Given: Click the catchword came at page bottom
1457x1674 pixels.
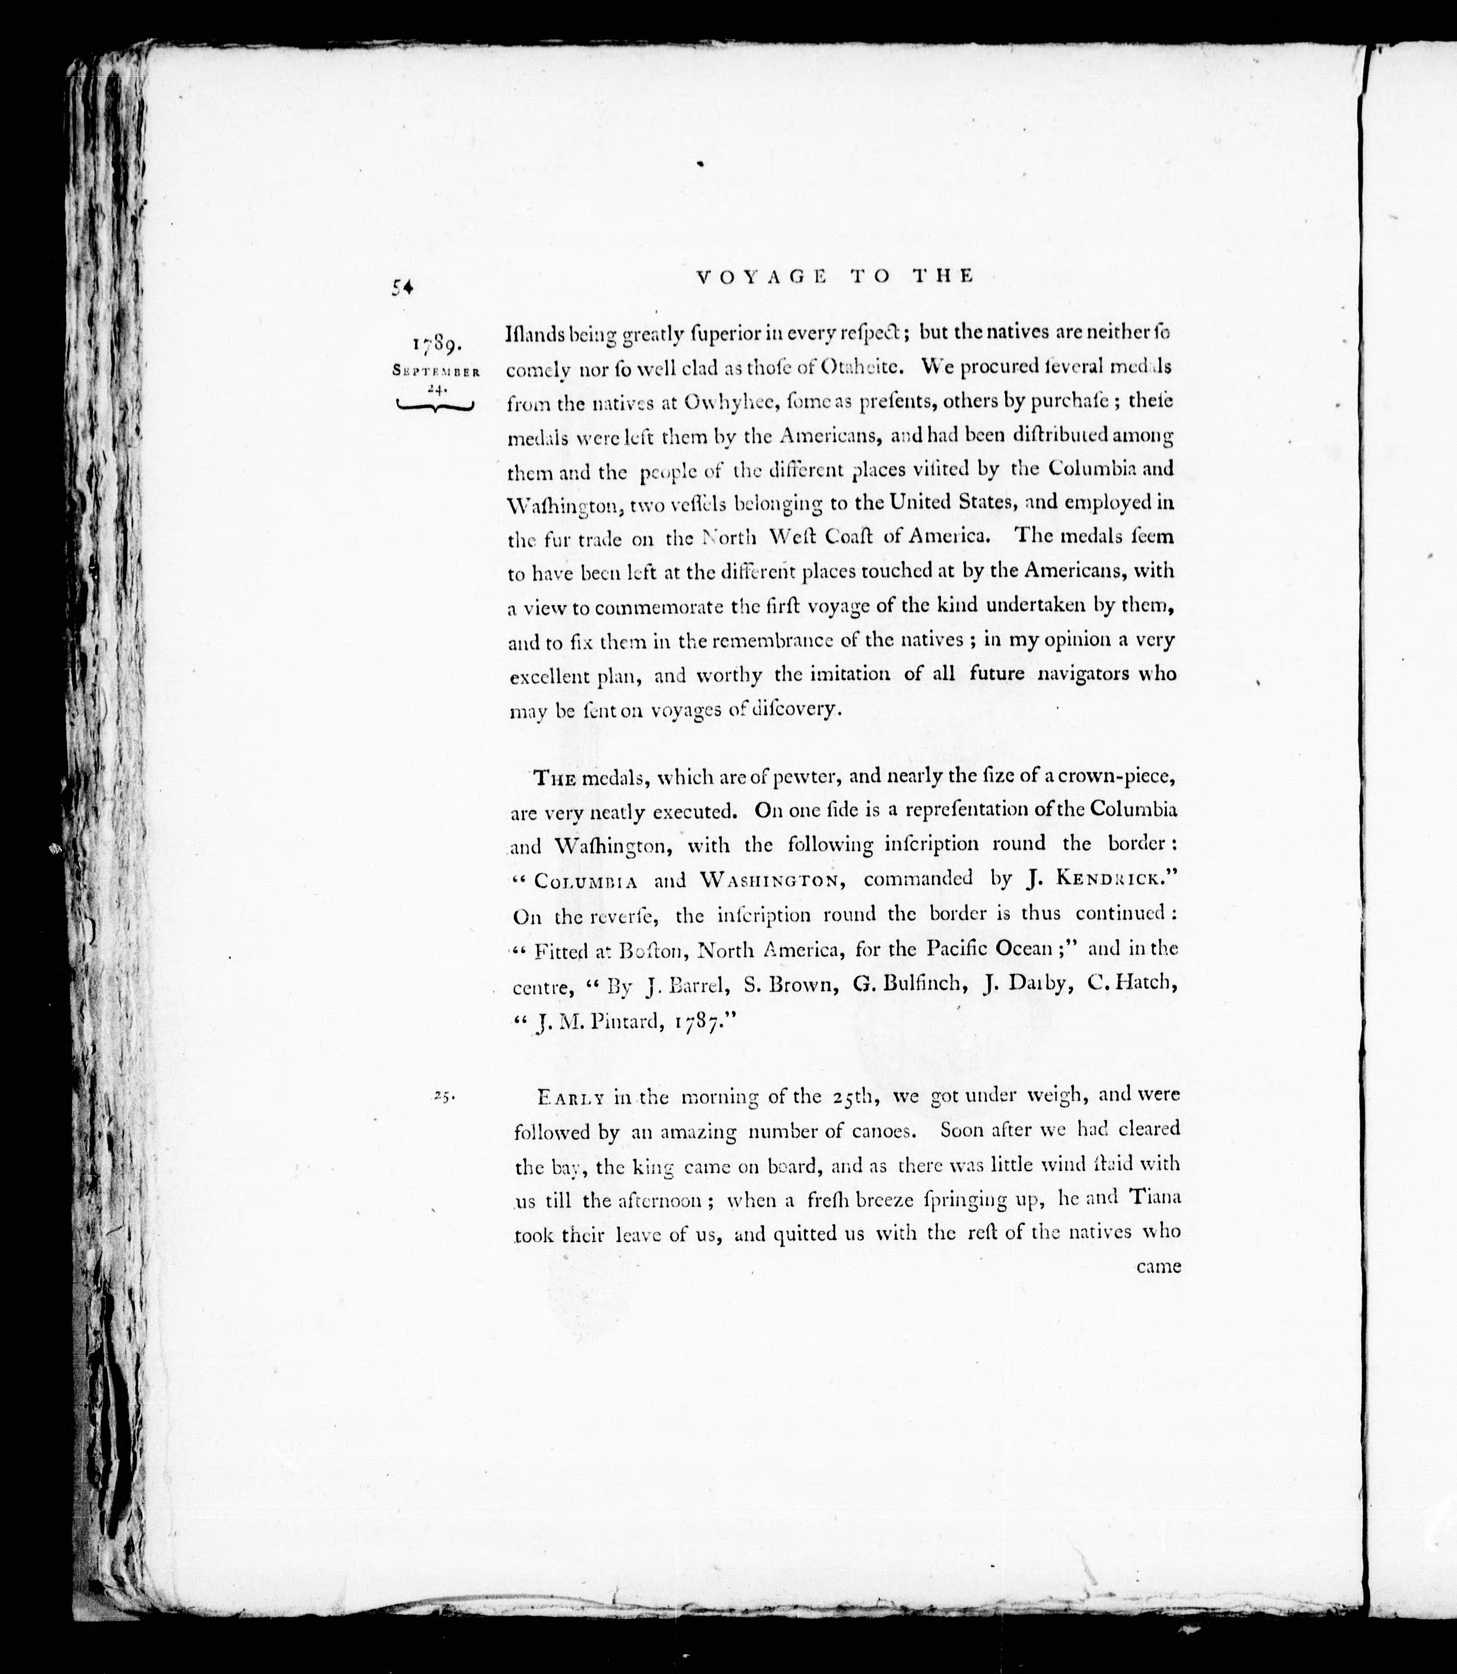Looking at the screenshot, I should (x=1158, y=1266).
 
